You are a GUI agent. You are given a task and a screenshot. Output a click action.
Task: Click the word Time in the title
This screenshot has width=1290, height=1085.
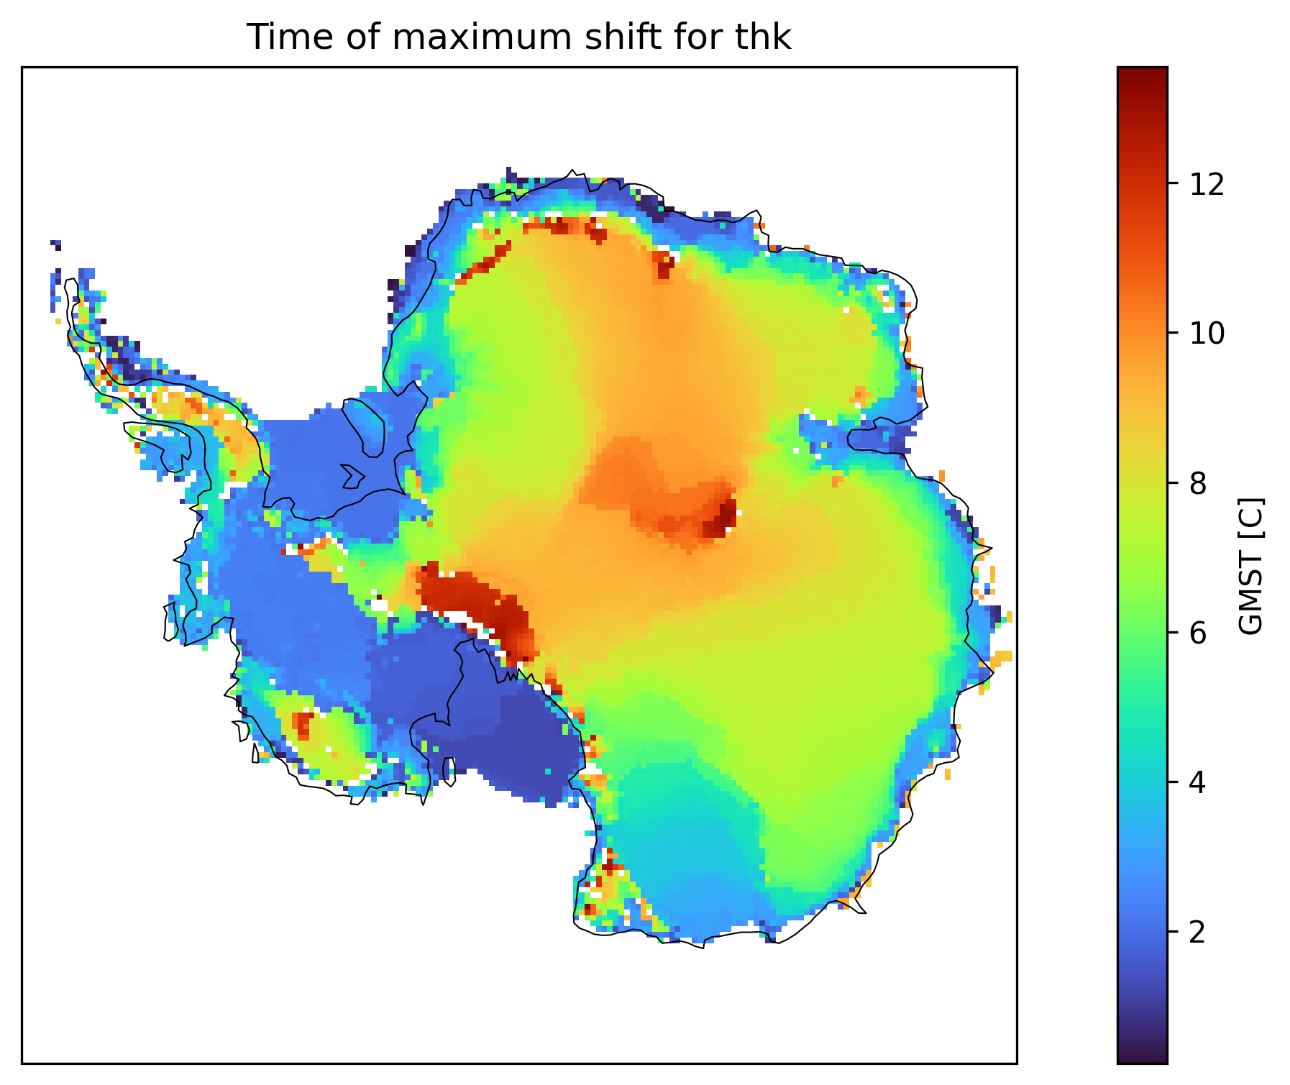point(275,37)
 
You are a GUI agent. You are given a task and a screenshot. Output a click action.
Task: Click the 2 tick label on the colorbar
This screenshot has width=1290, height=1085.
point(1197,933)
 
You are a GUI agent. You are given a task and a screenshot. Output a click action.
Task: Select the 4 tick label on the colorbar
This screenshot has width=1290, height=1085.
point(1197,783)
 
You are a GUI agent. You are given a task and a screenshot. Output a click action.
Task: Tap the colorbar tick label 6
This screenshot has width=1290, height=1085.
point(1197,633)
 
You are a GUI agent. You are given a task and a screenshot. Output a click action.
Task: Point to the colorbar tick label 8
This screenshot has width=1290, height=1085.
point(1197,484)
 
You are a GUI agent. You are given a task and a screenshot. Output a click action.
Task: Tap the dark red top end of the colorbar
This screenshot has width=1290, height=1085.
point(1142,73)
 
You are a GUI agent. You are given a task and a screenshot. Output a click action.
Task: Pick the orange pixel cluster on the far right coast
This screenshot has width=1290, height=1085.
point(1002,656)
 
